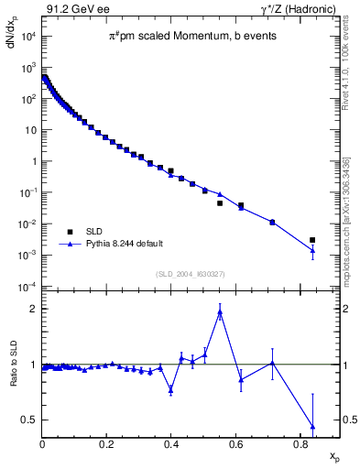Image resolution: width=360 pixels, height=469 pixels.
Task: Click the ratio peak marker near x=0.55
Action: tap(220, 312)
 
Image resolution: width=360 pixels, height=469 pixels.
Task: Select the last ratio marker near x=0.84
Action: tap(313, 426)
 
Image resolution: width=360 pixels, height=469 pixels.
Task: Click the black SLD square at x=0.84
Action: tap(313, 240)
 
